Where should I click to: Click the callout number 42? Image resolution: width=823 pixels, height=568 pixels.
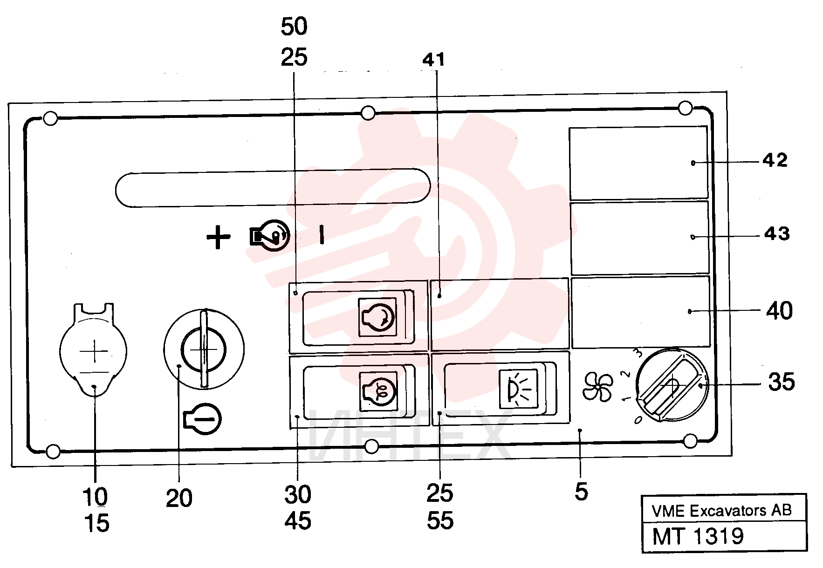[775, 160]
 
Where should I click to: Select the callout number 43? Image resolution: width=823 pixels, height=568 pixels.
[777, 233]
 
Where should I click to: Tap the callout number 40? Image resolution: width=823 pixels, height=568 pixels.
[779, 310]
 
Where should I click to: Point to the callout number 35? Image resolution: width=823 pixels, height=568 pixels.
[782, 382]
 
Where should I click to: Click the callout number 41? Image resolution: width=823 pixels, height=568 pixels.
[433, 60]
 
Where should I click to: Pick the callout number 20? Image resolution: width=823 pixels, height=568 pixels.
[179, 499]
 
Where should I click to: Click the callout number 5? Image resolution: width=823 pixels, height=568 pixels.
[581, 492]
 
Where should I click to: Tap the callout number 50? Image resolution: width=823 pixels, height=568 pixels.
[294, 27]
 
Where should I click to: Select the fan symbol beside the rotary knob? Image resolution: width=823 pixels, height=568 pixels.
[598, 386]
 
